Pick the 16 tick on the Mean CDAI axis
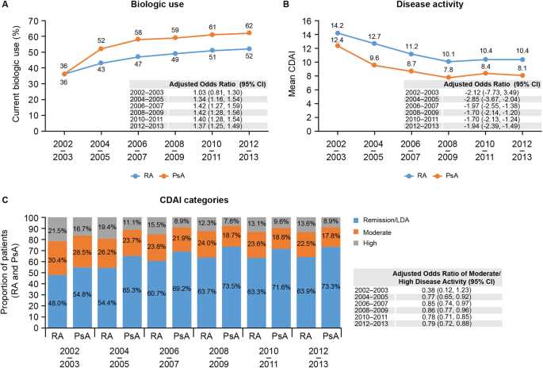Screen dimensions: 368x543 pyautogui.click(x=295, y=13)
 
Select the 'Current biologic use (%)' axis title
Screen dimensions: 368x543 pyautogui.click(x=9, y=70)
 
